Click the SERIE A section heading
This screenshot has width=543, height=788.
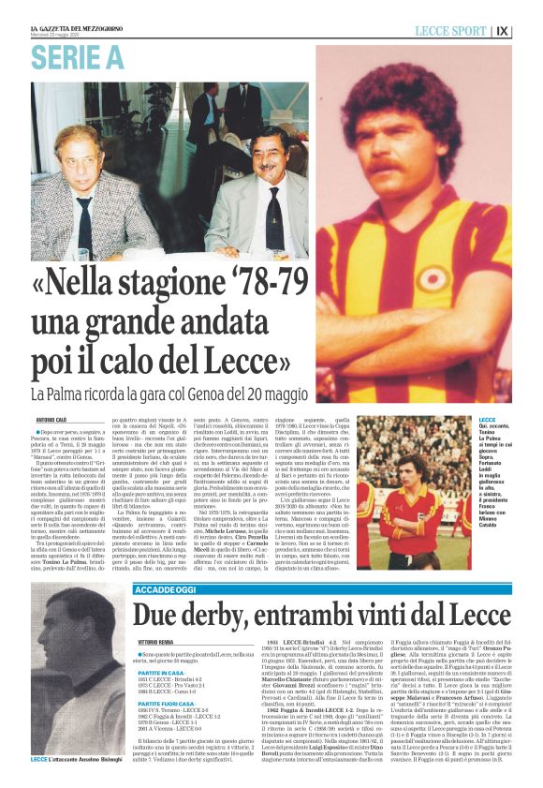pyautogui.click(x=77, y=57)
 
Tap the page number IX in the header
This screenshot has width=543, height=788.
pyautogui.click(x=528, y=31)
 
